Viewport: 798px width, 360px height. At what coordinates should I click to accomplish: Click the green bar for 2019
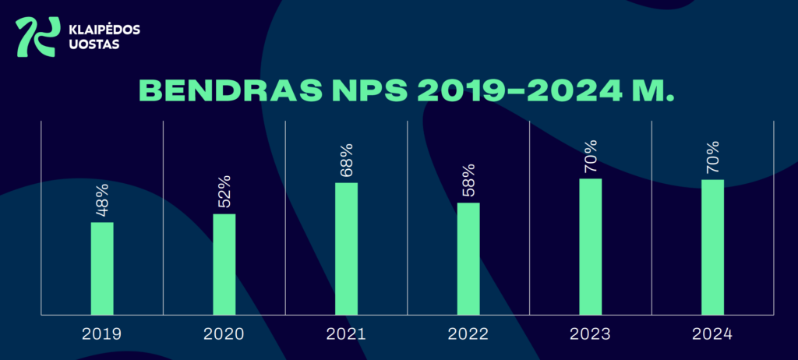[x=102, y=268]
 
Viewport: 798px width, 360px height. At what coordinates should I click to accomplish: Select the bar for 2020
[x=224, y=264]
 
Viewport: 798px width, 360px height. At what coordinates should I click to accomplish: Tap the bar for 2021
[x=346, y=249]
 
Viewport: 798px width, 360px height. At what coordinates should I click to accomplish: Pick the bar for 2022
[x=468, y=259]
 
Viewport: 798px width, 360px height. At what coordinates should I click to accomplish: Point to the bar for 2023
[x=591, y=246]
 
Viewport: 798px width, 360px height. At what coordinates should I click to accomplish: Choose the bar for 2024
[x=712, y=247]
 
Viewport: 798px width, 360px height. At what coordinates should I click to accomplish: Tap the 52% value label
[x=224, y=194]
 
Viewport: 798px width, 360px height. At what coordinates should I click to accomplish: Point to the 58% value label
[x=468, y=182]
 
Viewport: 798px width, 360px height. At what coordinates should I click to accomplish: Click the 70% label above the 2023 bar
[x=591, y=158]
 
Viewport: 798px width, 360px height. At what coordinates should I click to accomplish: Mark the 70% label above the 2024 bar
[x=712, y=159]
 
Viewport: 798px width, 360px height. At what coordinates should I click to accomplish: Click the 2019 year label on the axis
[x=102, y=334]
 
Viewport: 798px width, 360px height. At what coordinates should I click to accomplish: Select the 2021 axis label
[x=346, y=334]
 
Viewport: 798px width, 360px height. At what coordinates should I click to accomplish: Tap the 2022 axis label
[x=468, y=334]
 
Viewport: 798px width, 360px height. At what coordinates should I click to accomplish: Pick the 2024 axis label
[x=712, y=334]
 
